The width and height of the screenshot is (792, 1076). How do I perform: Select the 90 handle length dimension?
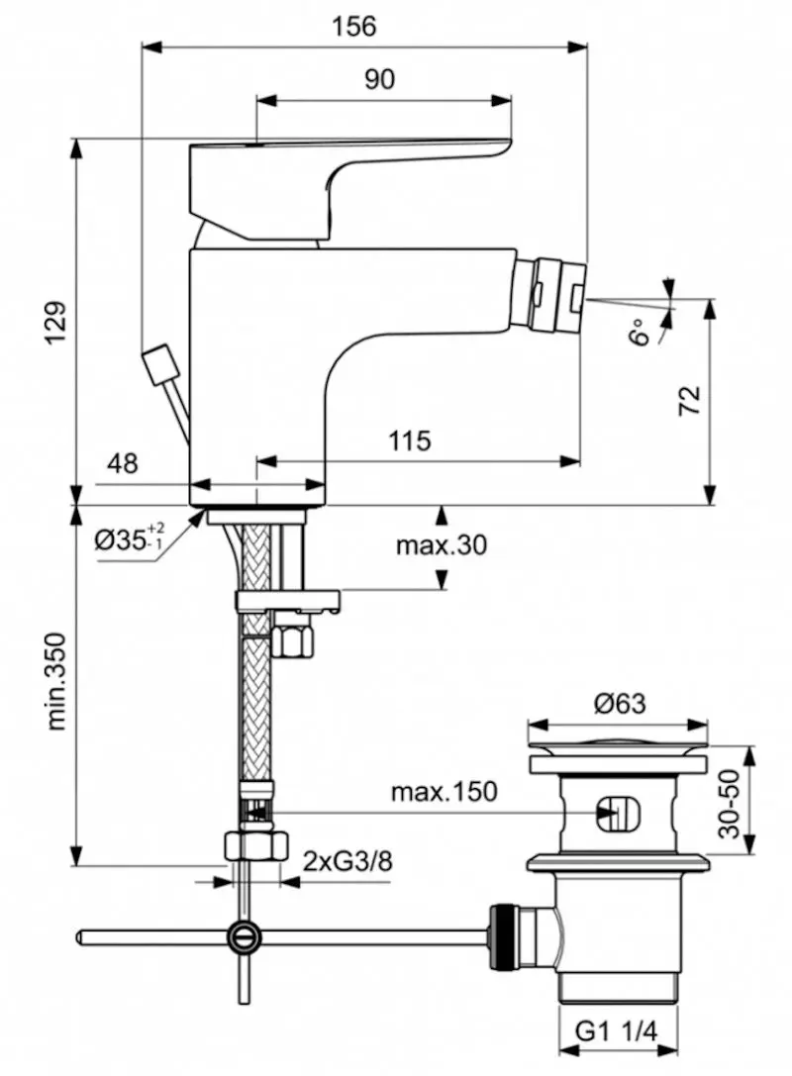click(379, 80)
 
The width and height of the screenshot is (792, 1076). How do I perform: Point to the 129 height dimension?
click(56, 322)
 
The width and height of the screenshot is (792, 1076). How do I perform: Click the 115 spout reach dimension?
click(410, 440)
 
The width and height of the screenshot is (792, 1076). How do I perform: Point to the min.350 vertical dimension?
click(56, 681)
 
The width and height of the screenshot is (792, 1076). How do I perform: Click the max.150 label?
click(444, 791)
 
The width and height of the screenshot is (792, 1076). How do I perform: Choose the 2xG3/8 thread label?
click(347, 860)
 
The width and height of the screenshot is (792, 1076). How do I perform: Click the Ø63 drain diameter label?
click(620, 704)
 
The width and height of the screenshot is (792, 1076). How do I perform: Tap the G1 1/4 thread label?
click(617, 1034)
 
